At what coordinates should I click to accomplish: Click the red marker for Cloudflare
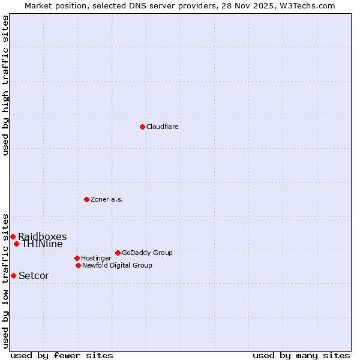[142, 127]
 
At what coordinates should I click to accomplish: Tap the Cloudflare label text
[162, 127]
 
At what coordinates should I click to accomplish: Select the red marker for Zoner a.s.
[86, 199]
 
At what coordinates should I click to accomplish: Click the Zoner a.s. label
[107, 199]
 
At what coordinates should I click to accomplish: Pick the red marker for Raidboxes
[13, 236]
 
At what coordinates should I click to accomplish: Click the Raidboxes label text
[42, 236]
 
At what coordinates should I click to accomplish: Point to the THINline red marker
[16, 244]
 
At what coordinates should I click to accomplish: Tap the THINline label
[42, 244]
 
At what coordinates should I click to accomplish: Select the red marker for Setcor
[13, 275]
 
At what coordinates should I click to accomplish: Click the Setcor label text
[34, 276]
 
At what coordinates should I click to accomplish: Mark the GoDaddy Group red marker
[118, 253]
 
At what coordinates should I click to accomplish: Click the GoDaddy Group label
[147, 253]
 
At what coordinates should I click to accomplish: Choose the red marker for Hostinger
[77, 258]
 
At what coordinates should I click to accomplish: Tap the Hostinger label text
[96, 258]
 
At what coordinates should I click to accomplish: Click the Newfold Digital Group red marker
[78, 265]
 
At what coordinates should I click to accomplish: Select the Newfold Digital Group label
[117, 265]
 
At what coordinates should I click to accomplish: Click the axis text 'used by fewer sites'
[62, 355]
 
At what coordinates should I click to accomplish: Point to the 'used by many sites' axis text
[301, 355]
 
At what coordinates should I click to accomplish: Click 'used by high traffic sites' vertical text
[6, 85]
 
